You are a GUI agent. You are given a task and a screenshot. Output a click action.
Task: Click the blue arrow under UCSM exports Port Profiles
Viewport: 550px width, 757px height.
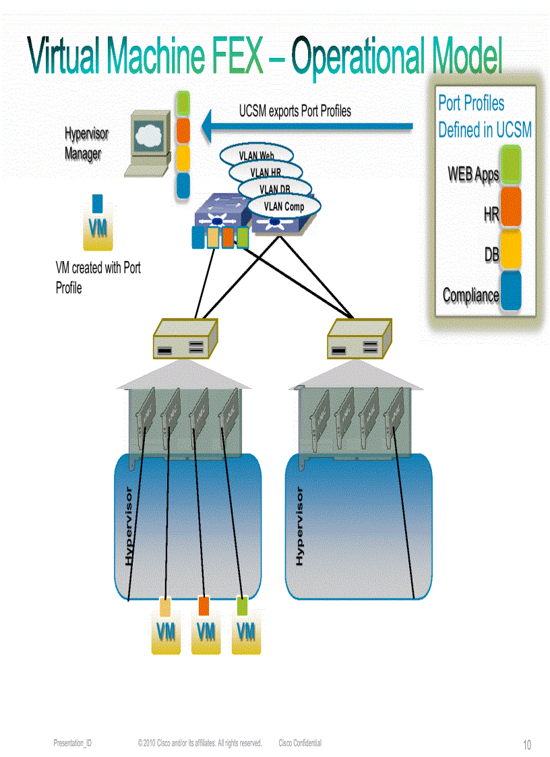click(310, 125)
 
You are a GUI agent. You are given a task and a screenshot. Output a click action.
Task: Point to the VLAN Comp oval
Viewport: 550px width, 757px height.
click(284, 207)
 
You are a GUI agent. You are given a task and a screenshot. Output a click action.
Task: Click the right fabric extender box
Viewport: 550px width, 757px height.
click(359, 338)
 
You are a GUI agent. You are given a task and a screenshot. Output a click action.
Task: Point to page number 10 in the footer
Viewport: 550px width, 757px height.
click(527, 745)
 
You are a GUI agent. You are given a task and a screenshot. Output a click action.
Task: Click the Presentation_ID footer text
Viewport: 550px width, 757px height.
click(72, 743)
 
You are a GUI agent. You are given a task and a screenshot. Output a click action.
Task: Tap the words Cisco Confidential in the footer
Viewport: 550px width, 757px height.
click(300, 743)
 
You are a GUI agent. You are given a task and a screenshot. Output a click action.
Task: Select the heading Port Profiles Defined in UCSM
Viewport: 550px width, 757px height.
click(485, 116)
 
